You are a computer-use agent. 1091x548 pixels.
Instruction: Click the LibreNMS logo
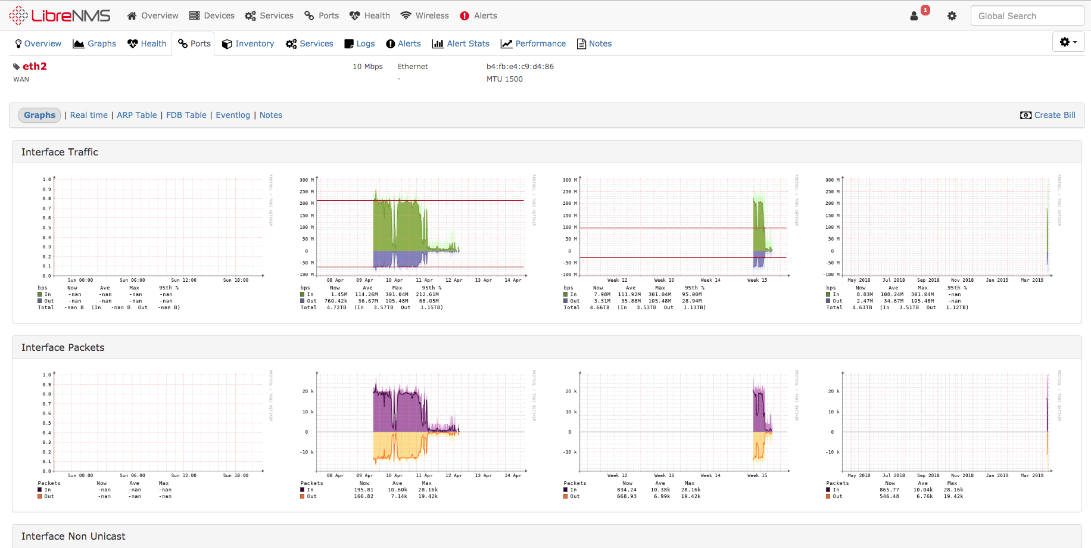60,15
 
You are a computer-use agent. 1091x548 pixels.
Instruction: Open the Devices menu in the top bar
212,15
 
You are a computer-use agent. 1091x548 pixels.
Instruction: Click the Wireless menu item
425,15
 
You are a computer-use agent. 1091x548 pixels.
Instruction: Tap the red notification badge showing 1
925,10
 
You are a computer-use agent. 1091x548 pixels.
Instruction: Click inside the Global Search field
1027,16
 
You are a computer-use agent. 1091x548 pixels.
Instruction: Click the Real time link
89,115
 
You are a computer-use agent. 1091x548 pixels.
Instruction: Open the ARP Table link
136,115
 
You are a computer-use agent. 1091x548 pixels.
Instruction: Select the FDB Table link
186,115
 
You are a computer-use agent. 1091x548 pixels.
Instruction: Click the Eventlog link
232,115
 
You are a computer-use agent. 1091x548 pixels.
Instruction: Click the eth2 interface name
35,66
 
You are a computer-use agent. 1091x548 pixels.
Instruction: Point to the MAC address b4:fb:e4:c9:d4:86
520,67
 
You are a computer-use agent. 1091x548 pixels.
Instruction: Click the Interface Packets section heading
63,347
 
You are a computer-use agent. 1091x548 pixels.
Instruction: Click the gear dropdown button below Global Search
1068,42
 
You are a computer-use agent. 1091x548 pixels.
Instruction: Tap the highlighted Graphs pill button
39,115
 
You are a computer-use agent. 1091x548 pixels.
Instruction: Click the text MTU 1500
504,79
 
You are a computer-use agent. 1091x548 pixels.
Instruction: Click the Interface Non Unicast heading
73,536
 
